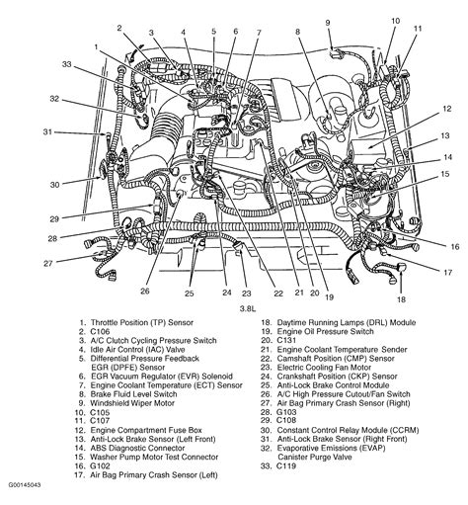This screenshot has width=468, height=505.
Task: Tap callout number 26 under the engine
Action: [x=145, y=291]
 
